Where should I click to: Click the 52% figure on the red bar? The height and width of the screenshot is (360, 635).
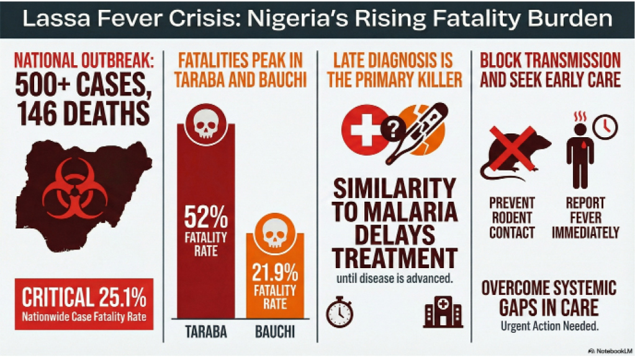click(205, 219)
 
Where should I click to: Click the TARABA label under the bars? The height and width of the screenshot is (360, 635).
click(206, 332)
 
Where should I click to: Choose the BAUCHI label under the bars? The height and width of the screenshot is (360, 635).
click(275, 332)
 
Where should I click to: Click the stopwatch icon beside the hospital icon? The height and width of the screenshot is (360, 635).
click(339, 311)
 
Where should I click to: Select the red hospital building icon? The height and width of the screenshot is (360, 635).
click(443, 311)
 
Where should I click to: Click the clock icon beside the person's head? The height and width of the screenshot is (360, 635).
click(604, 127)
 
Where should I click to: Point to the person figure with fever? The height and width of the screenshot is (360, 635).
click(580, 155)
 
